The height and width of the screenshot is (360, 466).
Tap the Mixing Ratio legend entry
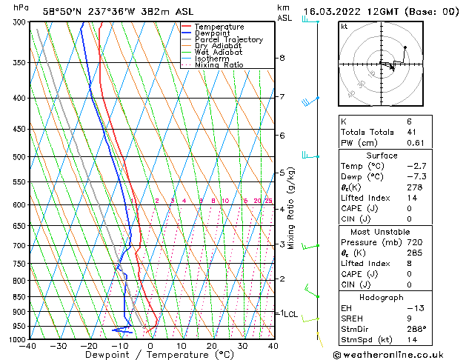219,65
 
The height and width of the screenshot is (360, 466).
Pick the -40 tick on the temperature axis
29,346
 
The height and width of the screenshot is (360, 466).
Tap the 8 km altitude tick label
282,58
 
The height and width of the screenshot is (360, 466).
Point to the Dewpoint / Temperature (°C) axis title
149,355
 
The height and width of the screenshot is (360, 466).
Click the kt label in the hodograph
344,27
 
